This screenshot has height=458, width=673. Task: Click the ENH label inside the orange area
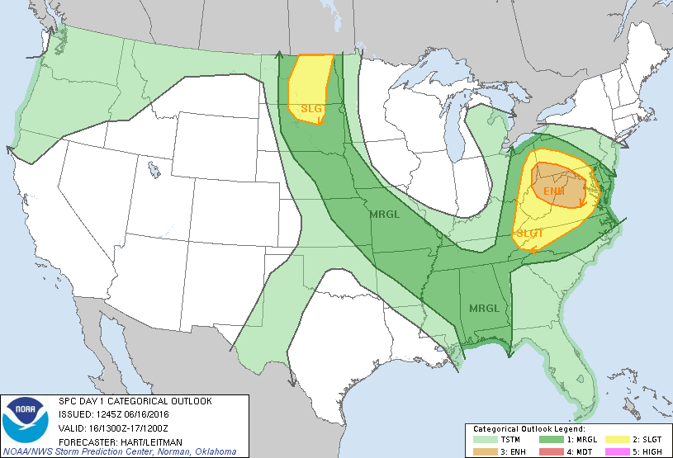(554, 191)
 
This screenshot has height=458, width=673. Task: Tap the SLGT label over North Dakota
(311, 108)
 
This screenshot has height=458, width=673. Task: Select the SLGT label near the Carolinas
(529, 234)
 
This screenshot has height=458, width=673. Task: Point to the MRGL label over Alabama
(484, 309)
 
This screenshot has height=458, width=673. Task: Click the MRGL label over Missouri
(385, 215)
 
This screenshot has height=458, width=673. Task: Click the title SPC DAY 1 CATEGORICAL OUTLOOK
(135, 400)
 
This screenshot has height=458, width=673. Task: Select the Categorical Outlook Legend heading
(529, 430)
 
